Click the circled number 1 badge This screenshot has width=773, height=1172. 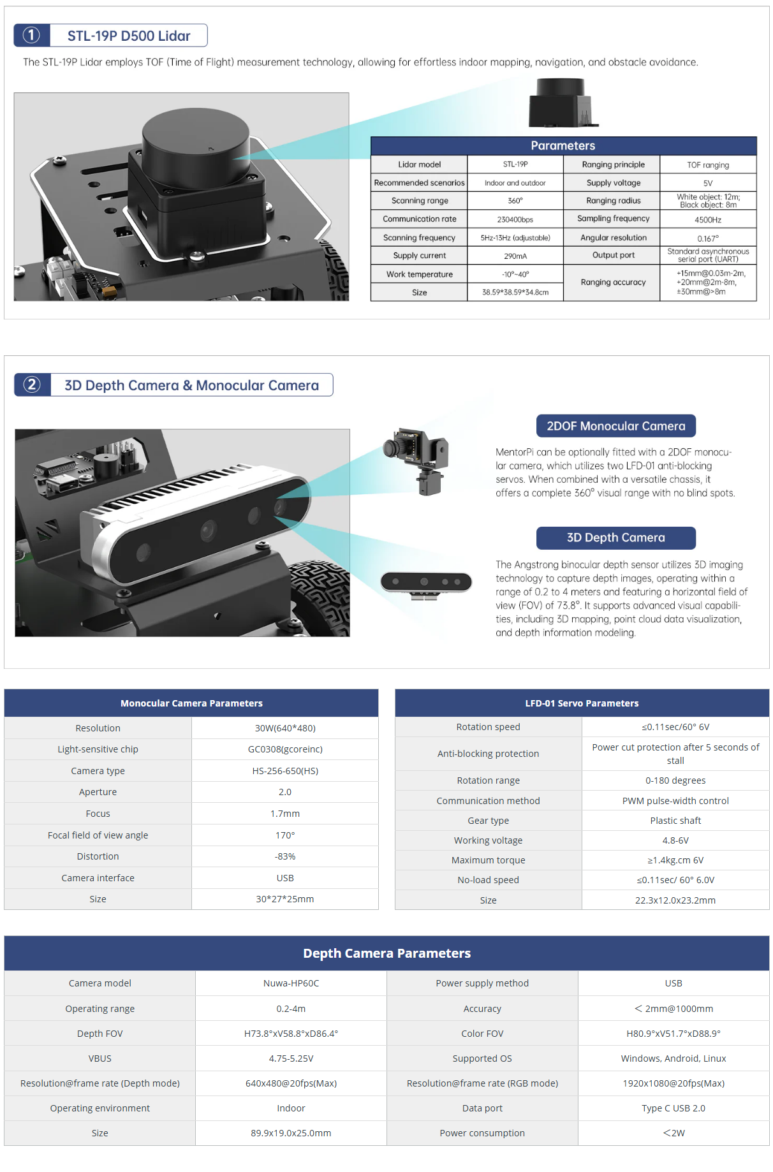click(31, 36)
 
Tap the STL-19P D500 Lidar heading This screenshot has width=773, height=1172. click(129, 36)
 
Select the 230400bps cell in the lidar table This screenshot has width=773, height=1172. click(515, 219)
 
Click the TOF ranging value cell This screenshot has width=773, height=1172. click(708, 165)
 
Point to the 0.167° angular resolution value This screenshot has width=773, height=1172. click(708, 238)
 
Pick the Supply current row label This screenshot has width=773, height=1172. click(419, 256)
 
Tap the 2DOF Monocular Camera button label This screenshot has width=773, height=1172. click(615, 426)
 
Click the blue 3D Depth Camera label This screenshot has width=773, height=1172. click(615, 538)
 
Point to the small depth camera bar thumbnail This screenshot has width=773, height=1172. click(426, 583)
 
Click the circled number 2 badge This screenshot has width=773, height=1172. click(32, 385)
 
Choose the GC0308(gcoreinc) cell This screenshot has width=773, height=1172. click(285, 749)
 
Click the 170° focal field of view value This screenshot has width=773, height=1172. click(285, 835)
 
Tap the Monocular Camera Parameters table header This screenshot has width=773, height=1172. click(191, 703)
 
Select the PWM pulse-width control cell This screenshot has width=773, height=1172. click(675, 801)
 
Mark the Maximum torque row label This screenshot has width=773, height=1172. click(488, 860)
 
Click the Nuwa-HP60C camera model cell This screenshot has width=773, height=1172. click(291, 983)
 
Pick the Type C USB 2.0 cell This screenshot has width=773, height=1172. click(674, 1108)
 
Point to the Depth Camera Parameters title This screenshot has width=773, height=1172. click(386, 953)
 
